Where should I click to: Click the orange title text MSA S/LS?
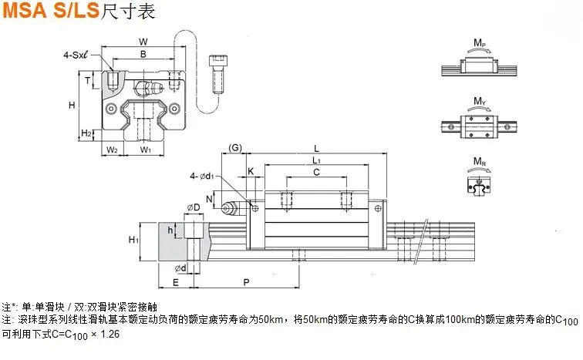pos(51,10)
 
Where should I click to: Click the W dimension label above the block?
pos(143,42)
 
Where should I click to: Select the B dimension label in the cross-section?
pos(143,54)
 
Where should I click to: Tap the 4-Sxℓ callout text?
pos(76,55)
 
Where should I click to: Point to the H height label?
pos(72,105)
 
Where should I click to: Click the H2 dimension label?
pos(86,133)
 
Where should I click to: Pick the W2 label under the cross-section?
pos(112,150)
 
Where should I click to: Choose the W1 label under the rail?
pos(146,150)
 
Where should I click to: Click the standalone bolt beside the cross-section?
pos(218,74)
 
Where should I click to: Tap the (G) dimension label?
pos(235,148)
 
